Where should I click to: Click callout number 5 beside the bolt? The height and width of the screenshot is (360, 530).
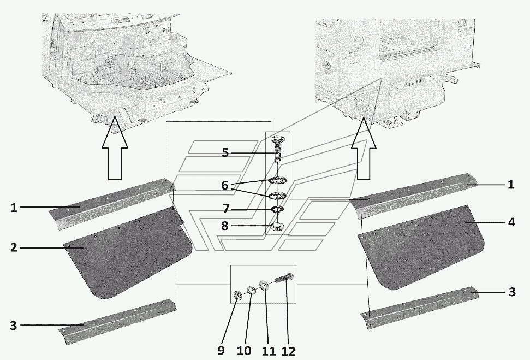225,152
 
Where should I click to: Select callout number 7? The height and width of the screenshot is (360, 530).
225,209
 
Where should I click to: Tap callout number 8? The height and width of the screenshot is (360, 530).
225,225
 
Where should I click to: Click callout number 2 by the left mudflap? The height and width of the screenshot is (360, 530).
14,247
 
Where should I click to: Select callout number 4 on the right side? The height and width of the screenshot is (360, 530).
511,222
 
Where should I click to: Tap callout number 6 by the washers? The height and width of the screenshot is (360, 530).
225,185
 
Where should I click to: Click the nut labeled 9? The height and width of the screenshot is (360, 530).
239,297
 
